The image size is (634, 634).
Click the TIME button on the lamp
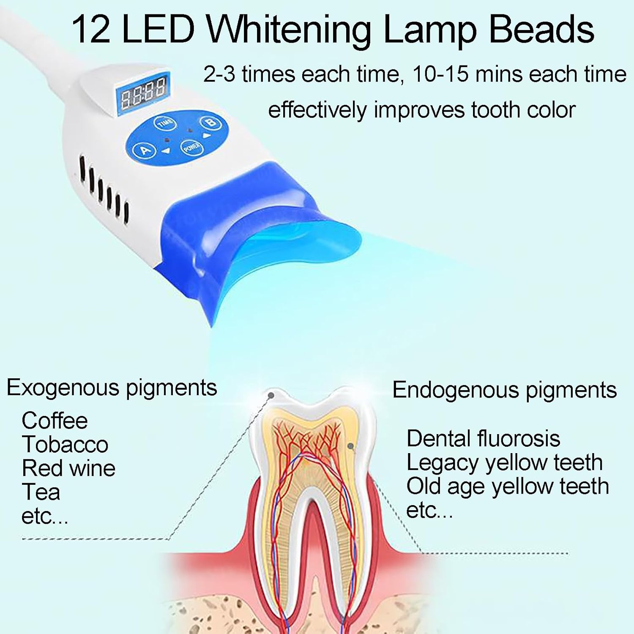point(165,123)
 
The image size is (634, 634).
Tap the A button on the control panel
point(145,150)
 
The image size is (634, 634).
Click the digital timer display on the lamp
point(143,92)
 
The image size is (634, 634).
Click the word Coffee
point(55,421)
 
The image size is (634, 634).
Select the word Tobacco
point(65,444)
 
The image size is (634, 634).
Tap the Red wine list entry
point(68,468)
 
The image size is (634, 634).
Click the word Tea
point(41,492)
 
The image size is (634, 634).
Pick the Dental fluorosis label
point(483,438)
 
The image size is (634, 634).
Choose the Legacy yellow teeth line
point(504,462)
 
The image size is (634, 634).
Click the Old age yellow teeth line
point(507,486)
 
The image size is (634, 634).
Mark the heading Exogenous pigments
point(112,387)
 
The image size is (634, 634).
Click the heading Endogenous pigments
point(504,390)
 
